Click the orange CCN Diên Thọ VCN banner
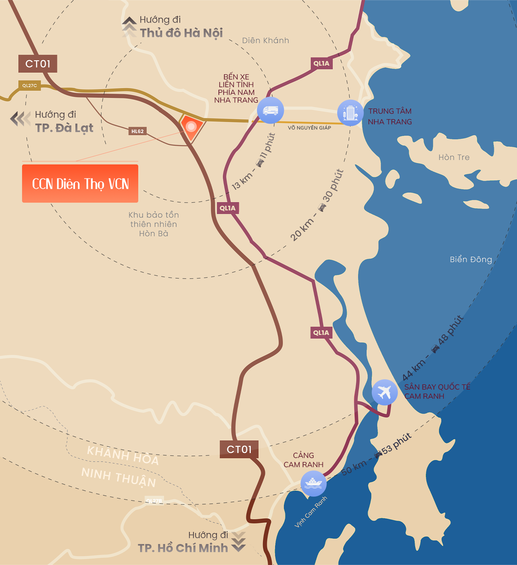[80, 184]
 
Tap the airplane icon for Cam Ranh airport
[384, 392]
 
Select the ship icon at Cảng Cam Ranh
[313, 483]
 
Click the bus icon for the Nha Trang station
[270, 110]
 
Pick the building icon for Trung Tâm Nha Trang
[350, 113]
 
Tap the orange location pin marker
[191, 127]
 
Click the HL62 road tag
[138, 131]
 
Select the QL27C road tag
[29, 86]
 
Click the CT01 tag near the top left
[38, 64]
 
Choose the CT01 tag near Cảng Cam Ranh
[239, 449]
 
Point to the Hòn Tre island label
[454, 157]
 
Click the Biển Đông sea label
[471, 259]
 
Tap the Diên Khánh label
[265, 40]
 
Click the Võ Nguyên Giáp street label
[309, 128]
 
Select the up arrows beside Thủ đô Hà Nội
[129, 26]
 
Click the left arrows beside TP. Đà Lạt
[20, 119]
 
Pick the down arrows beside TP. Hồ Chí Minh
[239, 542]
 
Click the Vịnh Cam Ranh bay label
[310, 512]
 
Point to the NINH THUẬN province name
[118, 477]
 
